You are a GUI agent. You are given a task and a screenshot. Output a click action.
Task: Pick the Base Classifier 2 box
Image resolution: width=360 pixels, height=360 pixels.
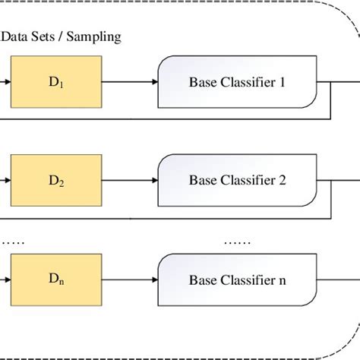236,180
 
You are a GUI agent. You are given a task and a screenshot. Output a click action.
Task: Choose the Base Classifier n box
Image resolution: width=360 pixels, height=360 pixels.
236,279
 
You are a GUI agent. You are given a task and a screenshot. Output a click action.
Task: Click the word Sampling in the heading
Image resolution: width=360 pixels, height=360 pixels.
94,36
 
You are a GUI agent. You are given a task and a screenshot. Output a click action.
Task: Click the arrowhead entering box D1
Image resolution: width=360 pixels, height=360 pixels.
7,81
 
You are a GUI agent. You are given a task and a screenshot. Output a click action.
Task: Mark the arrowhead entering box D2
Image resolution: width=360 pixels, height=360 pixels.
7,181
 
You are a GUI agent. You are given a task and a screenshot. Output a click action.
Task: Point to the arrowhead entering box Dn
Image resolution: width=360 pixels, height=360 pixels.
7,280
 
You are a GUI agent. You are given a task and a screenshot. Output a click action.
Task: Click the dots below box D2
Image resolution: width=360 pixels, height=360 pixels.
13,242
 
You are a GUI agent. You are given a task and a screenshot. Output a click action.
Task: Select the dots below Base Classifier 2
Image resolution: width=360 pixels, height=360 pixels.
236,242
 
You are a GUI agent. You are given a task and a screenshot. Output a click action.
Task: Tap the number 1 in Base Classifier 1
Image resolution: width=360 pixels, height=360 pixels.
282,81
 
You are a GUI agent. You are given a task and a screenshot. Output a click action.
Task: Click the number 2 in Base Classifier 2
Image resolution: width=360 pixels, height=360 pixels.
282,181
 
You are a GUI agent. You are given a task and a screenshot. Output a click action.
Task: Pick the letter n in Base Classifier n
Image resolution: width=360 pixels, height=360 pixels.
282,281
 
